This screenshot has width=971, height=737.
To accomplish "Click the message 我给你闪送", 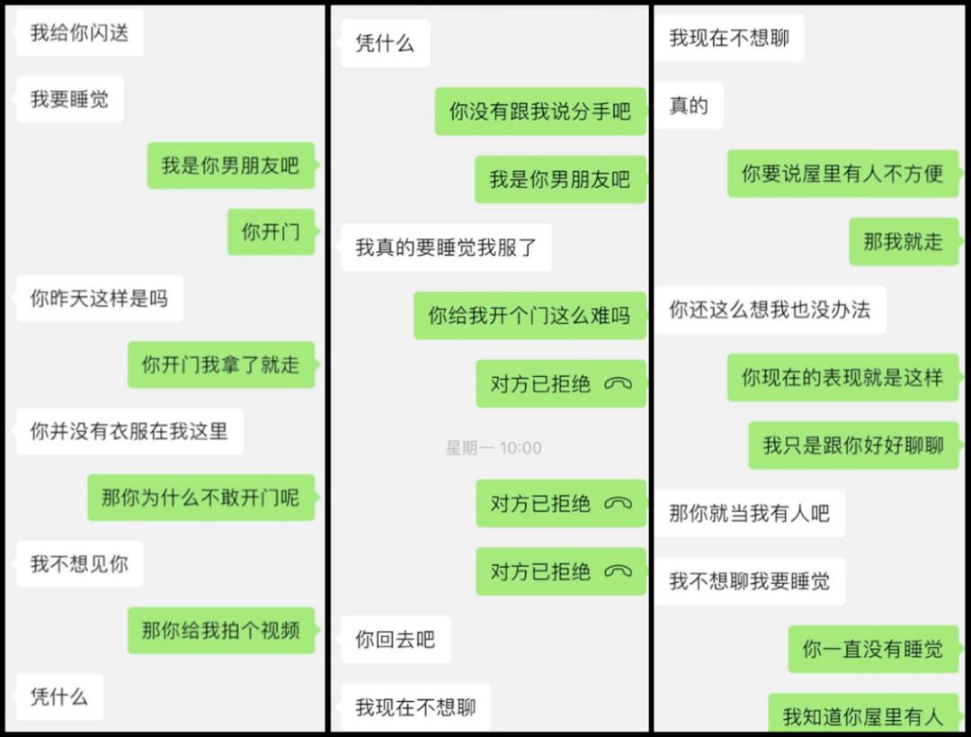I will click(x=79, y=33).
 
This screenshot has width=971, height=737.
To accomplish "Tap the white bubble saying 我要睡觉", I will click(x=69, y=99).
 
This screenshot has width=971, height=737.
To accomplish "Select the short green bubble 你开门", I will click(x=271, y=232).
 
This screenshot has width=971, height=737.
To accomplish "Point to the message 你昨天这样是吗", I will click(x=99, y=299).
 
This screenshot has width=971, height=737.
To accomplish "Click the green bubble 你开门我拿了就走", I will click(x=220, y=364).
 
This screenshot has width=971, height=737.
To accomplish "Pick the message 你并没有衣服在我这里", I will click(x=129, y=431).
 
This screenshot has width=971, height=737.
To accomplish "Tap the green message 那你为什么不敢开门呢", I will click(x=200, y=497).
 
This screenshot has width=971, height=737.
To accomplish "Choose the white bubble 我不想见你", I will click(x=79, y=564).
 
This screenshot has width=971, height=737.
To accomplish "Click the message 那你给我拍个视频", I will click(x=220, y=630).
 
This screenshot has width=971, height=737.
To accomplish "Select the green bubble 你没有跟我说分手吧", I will click(x=539, y=112).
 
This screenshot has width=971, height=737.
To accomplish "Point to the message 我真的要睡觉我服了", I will click(x=445, y=247).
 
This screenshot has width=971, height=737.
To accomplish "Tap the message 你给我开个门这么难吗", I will click(x=529, y=316).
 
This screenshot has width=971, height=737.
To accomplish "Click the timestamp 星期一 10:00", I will click(x=494, y=447).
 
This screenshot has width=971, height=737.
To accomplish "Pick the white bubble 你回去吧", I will click(x=395, y=640).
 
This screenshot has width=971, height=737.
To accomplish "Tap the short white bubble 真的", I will click(x=689, y=106).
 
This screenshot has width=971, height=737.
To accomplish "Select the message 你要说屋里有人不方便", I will click(x=842, y=174).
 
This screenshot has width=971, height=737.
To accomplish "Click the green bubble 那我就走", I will click(x=903, y=241).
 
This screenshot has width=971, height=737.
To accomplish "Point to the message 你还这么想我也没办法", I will click(x=770, y=310).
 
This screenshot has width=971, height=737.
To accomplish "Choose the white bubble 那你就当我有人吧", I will click(x=749, y=514).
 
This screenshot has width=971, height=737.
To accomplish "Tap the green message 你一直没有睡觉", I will click(x=872, y=649).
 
